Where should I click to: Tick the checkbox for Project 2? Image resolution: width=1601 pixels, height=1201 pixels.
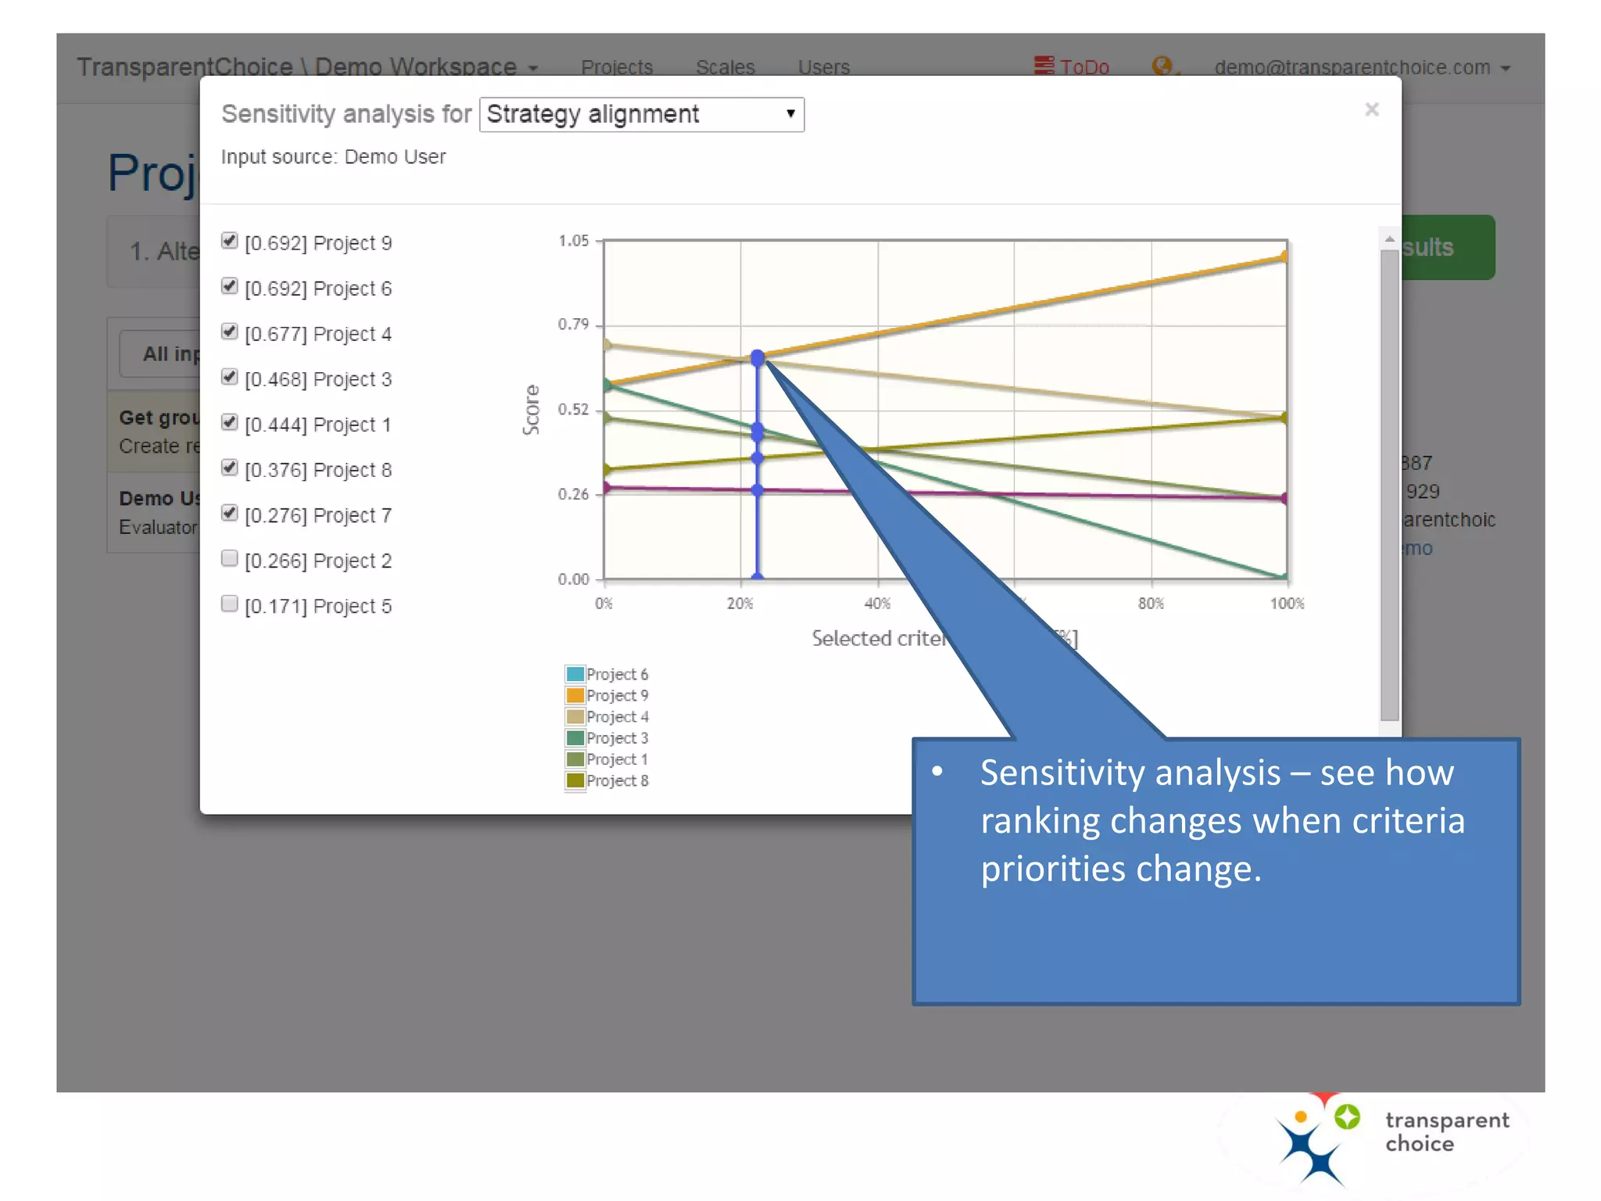pyautogui.click(x=229, y=558)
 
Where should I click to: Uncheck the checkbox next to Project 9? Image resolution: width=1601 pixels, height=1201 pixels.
pyautogui.click(x=229, y=241)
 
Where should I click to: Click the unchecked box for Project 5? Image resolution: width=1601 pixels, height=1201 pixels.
pyautogui.click(x=229, y=604)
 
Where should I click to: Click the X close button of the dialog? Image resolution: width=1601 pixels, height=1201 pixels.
pyautogui.click(x=1371, y=109)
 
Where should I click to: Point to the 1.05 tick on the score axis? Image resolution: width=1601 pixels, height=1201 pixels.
pyautogui.click(x=573, y=241)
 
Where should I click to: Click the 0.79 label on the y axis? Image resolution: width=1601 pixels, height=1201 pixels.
pyautogui.click(x=573, y=324)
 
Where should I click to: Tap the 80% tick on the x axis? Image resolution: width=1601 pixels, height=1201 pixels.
pyautogui.click(x=1151, y=604)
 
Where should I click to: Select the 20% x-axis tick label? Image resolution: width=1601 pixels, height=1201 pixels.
pyautogui.click(x=740, y=604)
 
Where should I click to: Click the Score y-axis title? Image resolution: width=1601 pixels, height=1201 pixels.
pyautogui.click(x=532, y=410)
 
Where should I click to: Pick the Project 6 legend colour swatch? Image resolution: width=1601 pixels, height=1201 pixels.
pyautogui.click(x=575, y=674)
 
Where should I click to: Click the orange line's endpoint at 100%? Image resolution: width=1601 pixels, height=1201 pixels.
pyautogui.click(x=1284, y=256)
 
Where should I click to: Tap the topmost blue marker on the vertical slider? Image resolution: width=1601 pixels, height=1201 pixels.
pyautogui.click(x=758, y=358)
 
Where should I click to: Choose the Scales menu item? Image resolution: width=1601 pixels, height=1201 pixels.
pyautogui.click(x=725, y=67)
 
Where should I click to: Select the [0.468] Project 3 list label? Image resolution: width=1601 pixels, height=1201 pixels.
pyautogui.click(x=317, y=379)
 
